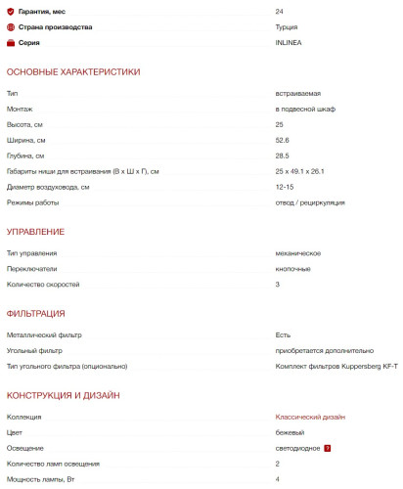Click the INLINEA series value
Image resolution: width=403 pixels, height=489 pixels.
coord(289,43)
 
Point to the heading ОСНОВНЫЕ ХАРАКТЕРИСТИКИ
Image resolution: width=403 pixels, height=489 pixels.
coord(73,72)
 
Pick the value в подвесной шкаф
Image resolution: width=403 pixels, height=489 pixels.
coord(305,109)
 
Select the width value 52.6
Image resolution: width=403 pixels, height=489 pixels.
coord(283,140)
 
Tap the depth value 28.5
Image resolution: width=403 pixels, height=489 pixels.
coord(283,156)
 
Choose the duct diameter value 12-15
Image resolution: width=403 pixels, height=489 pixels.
coord(285,188)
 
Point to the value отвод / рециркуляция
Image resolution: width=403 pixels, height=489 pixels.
coord(310,203)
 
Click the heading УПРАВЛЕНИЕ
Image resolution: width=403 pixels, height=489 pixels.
coord(35,232)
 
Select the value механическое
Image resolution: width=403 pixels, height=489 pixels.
coord(299,252)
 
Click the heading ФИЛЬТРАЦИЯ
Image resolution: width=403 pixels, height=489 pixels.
coord(35,313)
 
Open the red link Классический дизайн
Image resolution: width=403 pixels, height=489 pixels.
coord(310,418)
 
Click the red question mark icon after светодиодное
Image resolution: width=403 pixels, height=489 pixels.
coord(328,449)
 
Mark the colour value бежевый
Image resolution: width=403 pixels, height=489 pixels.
coord(291,433)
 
